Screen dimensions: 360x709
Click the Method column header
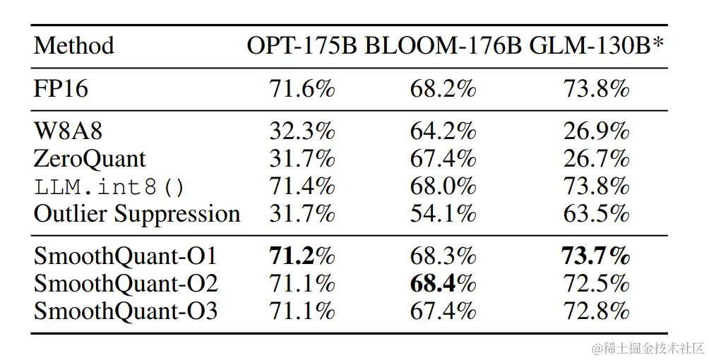73,46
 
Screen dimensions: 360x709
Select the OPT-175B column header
302,46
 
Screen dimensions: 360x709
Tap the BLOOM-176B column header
443,46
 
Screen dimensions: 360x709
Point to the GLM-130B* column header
597,46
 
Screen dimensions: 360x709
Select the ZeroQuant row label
90,158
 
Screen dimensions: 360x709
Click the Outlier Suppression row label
137,214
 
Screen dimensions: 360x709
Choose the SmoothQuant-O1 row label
125,256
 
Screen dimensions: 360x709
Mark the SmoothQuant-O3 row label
125,311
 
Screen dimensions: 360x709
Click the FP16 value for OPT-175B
302,90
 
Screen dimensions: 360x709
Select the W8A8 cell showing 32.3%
302,131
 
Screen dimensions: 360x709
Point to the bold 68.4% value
443,283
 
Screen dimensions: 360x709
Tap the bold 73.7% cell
596,256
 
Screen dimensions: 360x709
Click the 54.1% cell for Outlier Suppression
443,214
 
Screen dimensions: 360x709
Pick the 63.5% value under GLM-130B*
596,214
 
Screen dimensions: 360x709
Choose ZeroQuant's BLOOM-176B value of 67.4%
443,158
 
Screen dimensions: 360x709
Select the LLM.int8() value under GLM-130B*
596,186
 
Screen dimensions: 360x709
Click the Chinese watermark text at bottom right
648,348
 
